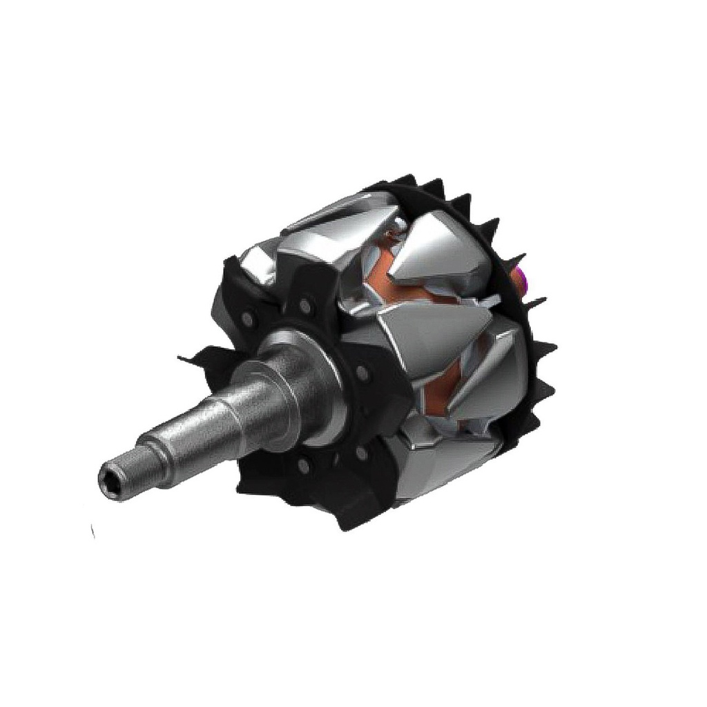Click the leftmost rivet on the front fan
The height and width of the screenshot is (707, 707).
[246, 318]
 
